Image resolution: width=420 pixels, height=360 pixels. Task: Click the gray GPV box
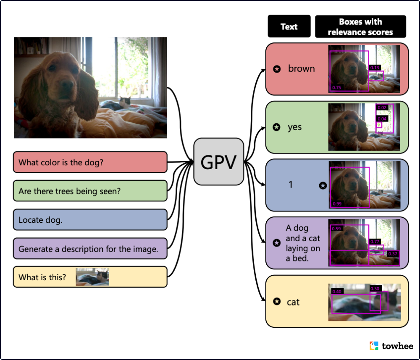pyautogui.click(x=218, y=162)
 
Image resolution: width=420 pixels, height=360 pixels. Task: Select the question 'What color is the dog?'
pyautogui.click(x=90, y=162)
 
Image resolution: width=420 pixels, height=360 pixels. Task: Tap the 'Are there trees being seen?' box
pyautogui.click(x=90, y=191)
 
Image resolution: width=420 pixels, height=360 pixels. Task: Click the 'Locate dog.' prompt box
pyautogui.click(x=90, y=219)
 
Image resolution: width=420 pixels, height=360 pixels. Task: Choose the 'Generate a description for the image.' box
pyautogui.click(x=90, y=248)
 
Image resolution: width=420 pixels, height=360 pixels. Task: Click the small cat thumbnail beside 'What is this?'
pyautogui.click(x=92, y=277)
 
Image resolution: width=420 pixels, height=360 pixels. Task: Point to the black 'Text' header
pyautogui.click(x=289, y=26)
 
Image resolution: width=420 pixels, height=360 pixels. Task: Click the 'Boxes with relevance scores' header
pyautogui.click(x=360, y=26)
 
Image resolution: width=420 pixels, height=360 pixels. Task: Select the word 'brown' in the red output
pyautogui.click(x=301, y=69)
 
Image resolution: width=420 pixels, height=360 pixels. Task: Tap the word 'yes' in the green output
pyautogui.click(x=294, y=127)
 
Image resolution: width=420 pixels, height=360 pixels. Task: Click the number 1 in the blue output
pyautogui.click(x=290, y=184)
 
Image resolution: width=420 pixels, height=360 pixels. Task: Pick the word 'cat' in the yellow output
pyautogui.click(x=293, y=302)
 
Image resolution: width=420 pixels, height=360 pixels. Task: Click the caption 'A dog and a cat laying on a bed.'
pyautogui.click(x=303, y=243)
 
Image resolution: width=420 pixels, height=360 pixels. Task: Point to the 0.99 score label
pyautogui.click(x=337, y=204)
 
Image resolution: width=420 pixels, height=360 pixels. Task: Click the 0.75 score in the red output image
pyautogui.click(x=337, y=88)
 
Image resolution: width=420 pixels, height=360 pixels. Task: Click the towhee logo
pyautogui.click(x=391, y=346)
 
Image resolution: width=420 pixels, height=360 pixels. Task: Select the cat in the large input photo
pyautogui.click(x=124, y=102)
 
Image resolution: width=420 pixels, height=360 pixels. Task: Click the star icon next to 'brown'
pyautogui.click(x=277, y=69)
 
